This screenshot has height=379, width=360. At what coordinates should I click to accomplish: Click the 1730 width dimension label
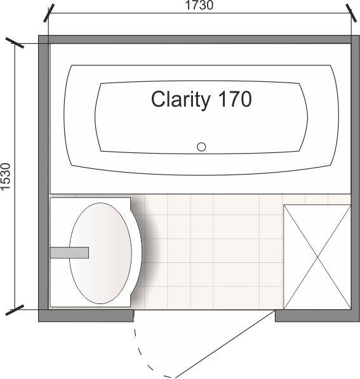pyautogui.click(x=199, y=5)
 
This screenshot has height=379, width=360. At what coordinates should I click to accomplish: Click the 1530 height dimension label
pyautogui.click(x=6, y=176)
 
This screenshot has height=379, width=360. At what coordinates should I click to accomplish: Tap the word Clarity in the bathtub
pyautogui.click(x=180, y=100)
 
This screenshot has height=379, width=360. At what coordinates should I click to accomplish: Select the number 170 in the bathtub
pyautogui.click(x=235, y=99)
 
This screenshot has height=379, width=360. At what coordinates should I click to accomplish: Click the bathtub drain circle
pyautogui.click(x=201, y=147)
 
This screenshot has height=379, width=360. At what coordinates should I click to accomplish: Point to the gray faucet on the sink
pyautogui.click(x=69, y=253)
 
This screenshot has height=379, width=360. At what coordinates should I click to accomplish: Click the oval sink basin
pyautogui.click(x=100, y=253)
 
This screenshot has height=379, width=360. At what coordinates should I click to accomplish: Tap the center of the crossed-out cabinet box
pyautogui.click(x=317, y=257)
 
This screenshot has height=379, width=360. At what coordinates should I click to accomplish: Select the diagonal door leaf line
pyautogui.click(x=225, y=344)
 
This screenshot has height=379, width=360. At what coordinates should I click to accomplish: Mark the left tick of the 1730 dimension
pyautogui.click(x=49, y=13)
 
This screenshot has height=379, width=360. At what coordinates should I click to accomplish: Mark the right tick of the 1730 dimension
pyautogui.click(x=351, y=13)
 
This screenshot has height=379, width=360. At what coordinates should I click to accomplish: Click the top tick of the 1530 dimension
pyautogui.click(x=15, y=43)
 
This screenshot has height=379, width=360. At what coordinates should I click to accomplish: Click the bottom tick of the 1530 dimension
pyautogui.click(x=15, y=310)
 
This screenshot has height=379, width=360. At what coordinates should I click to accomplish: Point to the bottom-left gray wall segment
pyautogui.click(x=86, y=316)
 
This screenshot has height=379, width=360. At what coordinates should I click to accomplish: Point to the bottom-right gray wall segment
pyautogui.click(x=317, y=316)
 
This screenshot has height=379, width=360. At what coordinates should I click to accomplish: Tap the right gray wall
pyautogui.click(x=356, y=178)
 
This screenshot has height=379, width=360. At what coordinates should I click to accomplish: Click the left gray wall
pyautogui.click(x=44, y=178)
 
